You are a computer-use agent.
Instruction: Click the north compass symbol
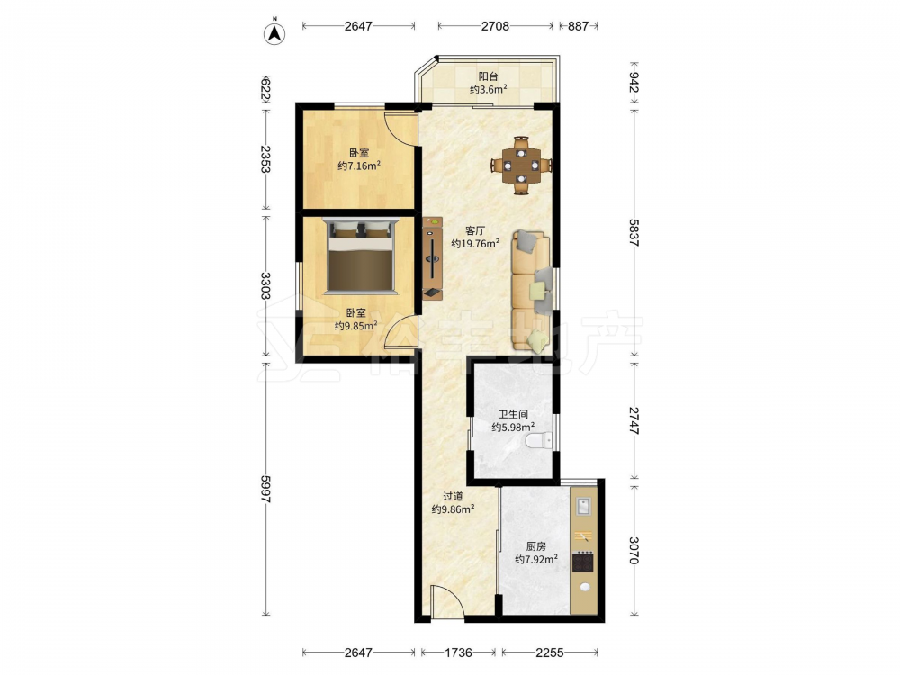[274, 33]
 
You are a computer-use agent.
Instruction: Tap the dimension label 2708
[495, 26]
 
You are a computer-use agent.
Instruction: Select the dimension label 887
[578, 26]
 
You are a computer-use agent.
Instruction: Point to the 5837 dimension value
[634, 232]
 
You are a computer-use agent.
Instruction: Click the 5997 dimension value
[265, 489]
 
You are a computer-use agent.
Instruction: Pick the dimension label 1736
[459, 652]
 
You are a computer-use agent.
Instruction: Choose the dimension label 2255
[549, 652]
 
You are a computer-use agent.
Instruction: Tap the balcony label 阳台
[489, 76]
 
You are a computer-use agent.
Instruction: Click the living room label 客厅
[474, 230]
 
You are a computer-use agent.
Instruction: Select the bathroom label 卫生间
[513, 414]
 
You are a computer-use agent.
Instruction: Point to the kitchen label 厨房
[536, 546]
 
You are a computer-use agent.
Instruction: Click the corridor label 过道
[453, 496]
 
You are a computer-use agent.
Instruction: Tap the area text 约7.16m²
[359, 166]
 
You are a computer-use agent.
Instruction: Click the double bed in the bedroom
[361, 256]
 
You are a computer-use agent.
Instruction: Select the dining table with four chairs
[521, 166]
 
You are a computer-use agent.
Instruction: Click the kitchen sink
[584, 507]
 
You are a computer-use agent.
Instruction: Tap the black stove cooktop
[583, 562]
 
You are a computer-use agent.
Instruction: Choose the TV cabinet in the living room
[432, 258]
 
